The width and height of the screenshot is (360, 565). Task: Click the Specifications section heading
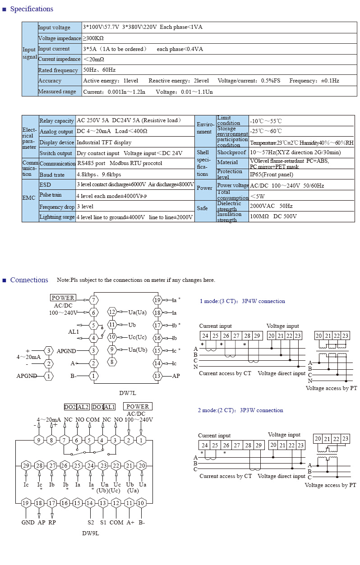click(32, 9)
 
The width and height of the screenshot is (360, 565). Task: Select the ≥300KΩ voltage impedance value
click(93, 38)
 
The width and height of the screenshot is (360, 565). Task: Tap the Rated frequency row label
click(58, 70)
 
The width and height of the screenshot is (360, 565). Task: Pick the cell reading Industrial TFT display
click(104, 142)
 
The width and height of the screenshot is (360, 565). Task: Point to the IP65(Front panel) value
click(272, 175)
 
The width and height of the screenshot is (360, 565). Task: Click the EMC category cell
click(29, 198)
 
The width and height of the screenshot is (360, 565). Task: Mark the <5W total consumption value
click(257, 196)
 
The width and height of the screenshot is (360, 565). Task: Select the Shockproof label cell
click(231, 152)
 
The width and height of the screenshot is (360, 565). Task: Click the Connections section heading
click(29, 280)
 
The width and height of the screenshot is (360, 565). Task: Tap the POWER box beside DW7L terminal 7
click(63, 298)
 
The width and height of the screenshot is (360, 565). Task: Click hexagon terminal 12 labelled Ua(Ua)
click(112, 312)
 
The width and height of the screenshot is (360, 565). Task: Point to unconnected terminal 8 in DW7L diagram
click(112, 362)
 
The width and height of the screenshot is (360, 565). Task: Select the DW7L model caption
click(128, 393)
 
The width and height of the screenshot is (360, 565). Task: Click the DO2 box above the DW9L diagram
click(70, 407)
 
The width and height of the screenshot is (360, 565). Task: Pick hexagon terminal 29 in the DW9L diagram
click(26, 465)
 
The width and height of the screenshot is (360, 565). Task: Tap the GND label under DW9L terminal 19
click(28, 522)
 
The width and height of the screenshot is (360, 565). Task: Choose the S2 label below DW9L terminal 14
click(91, 522)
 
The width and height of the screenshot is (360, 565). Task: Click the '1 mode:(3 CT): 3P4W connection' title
click(242, 301)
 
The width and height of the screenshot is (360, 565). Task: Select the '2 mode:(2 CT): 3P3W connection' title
click(240, 410)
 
